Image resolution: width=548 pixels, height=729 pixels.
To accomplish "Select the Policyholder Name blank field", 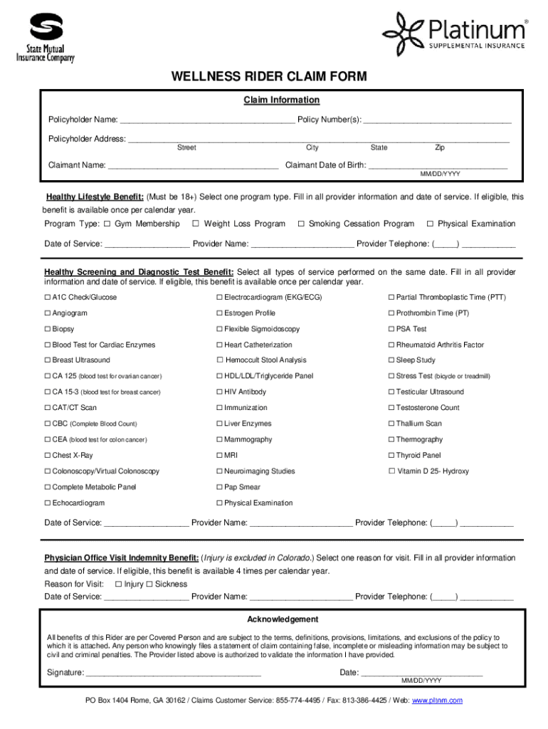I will click(206, 119).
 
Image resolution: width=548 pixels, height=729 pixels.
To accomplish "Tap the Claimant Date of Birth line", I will click(438, 166).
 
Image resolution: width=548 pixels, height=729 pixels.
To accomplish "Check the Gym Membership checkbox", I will click(107, 224).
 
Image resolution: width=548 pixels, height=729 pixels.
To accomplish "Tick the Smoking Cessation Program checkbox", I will click(301, 224).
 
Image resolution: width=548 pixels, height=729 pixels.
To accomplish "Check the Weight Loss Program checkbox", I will click(196, 224).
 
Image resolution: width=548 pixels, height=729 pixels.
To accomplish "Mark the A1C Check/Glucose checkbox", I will click(48, 298).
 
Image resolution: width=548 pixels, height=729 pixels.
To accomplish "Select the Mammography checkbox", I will click(220, 440).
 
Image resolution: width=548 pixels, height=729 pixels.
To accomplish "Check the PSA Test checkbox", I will click(391, 329).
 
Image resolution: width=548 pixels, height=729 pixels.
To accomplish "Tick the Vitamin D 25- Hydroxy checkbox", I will click(391, 471).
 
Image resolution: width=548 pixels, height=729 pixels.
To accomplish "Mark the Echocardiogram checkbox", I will click(48, 503).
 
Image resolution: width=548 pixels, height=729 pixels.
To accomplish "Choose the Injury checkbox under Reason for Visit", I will click(118, 584).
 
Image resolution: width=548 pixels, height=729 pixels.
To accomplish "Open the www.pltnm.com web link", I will click(437, 701).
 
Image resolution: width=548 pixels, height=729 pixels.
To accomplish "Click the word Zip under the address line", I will click(440, 148).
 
